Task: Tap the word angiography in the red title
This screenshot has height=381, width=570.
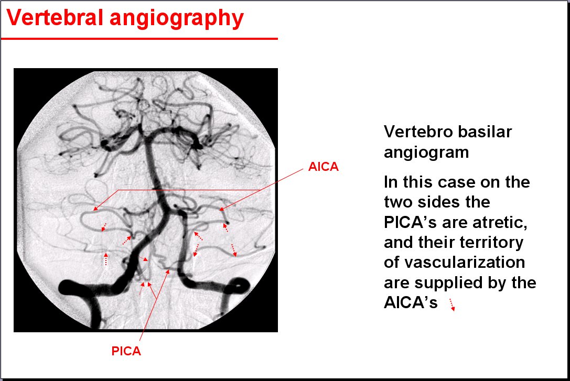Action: coord(177,19)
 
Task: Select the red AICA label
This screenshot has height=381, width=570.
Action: coord(323,167)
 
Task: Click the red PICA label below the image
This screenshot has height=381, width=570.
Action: coord(126,351)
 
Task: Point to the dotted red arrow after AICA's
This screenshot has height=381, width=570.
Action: coord(452,304)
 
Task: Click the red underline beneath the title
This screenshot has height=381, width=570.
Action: coord(139,38)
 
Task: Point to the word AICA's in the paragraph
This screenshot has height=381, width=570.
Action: coord(411,302)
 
